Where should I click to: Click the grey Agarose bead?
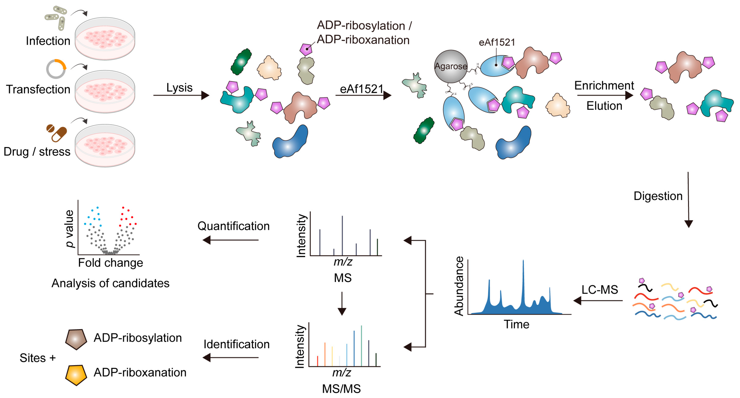[450, 66]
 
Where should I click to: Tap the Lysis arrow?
[181, 95]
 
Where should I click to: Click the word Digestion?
[658, 196]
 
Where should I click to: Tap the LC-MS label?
[600, 290]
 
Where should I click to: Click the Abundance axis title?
[459, 286]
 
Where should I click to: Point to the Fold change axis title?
[111, 263]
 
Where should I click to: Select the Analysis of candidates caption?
[111, 283]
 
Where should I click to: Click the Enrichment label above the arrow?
[604, 86]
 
